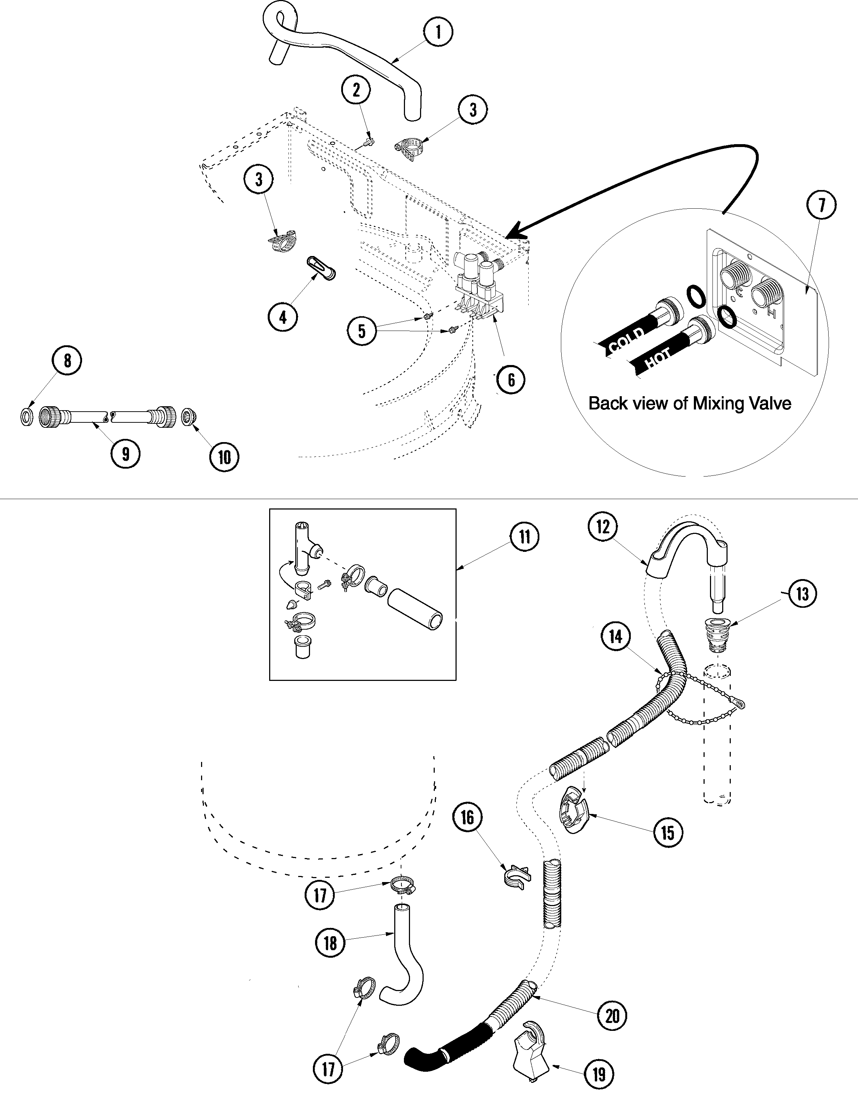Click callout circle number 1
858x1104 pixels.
438,32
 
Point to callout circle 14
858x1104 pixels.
615,636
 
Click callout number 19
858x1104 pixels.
599,1074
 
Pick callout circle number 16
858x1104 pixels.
467,818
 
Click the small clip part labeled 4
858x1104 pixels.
319,268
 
